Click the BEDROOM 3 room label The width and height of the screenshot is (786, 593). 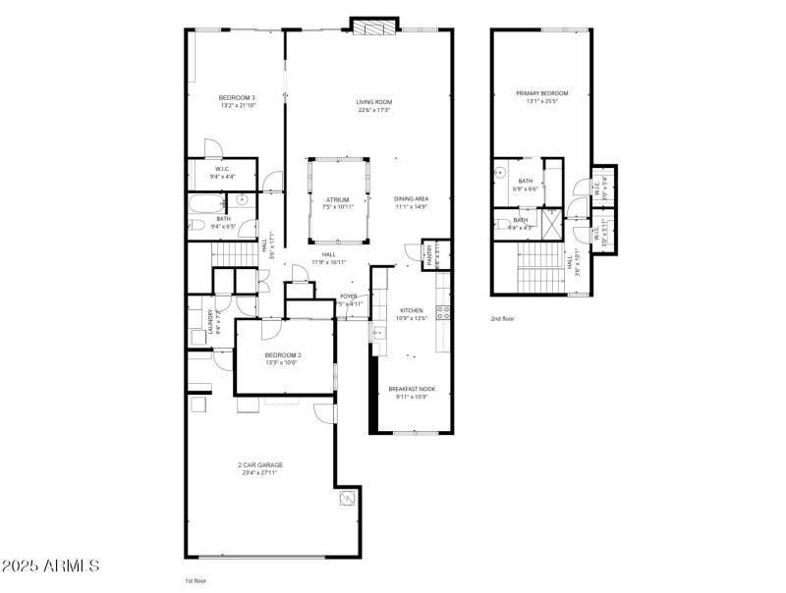pos(237,97)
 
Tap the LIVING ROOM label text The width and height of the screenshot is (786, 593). pos(374,102)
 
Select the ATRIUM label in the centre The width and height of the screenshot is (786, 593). pos(338,200)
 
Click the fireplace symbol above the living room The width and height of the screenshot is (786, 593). pos(374,27)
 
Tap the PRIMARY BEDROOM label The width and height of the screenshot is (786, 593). pos(541,93)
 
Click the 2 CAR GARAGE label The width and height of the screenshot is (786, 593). pos(259,465)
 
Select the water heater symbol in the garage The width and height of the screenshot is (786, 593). pos(347,501)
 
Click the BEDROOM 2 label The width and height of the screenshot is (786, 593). pos(283,354)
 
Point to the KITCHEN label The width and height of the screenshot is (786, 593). pos(411,310)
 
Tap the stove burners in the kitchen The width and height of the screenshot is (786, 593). pos(443,313)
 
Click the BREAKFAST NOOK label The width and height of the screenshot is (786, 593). pos(412,390)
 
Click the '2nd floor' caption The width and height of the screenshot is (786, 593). pos(503,319)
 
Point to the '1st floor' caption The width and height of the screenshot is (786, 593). pos(196,581)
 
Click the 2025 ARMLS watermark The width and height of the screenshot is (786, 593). pos(50,566)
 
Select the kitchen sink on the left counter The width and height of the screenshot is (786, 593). pos(379,334)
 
